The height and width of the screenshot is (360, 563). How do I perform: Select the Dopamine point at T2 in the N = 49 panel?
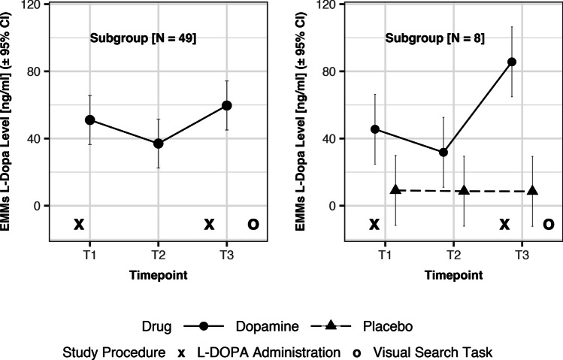pos(158,144)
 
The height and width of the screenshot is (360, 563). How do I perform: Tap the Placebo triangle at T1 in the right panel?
pos(395,189)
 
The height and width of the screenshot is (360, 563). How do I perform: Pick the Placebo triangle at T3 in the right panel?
pos(532,190)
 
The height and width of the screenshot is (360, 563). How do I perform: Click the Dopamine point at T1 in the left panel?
pos(89,119)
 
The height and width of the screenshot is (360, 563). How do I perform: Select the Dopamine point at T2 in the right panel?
pos(443,152)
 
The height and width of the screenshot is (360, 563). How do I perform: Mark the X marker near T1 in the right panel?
pos(374,224)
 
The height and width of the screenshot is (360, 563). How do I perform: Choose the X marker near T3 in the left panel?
pos(210,224)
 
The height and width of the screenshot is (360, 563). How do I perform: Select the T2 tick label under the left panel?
pos(158,254)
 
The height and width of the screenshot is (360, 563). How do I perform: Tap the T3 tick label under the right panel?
pos(520,254)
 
